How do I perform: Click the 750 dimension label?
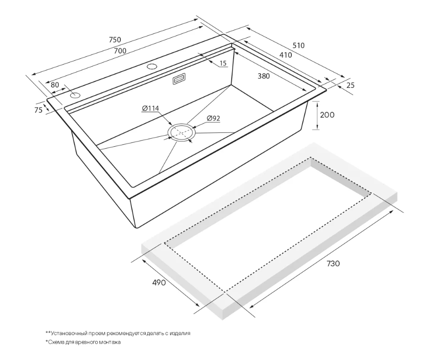115,40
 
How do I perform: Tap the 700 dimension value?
120,51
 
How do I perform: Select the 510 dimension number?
299,45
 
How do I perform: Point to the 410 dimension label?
286,55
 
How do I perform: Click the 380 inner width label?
264,76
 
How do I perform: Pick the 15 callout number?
223,64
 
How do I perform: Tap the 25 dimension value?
351,85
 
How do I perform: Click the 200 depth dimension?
327,115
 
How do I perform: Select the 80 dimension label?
55,85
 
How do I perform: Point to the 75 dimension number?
39,110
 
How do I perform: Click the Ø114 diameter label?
150,109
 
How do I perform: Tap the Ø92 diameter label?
214,118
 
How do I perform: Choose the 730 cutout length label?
333,263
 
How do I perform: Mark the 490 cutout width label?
159,283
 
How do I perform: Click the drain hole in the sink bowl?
182,132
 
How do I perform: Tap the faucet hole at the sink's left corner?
75,96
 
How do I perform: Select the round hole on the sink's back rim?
152,66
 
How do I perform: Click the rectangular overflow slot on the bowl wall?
179,79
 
